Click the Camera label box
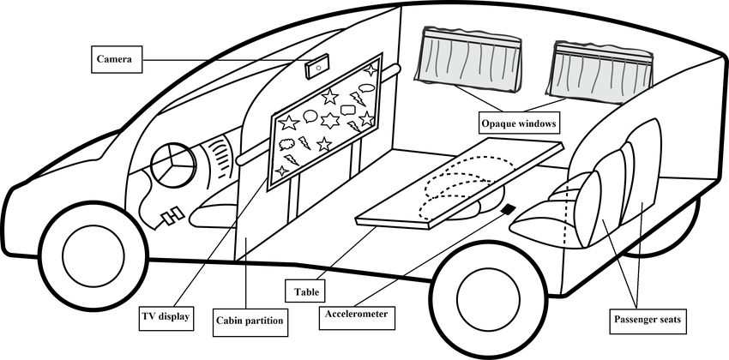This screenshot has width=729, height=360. (x=115, y=59)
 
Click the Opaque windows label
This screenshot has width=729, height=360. (x=517, y=123)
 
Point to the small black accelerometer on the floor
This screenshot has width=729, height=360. (x=508, y=209)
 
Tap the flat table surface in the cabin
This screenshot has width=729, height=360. (x=455, y=183)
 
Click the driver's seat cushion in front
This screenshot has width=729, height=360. (x=210, y=213)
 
